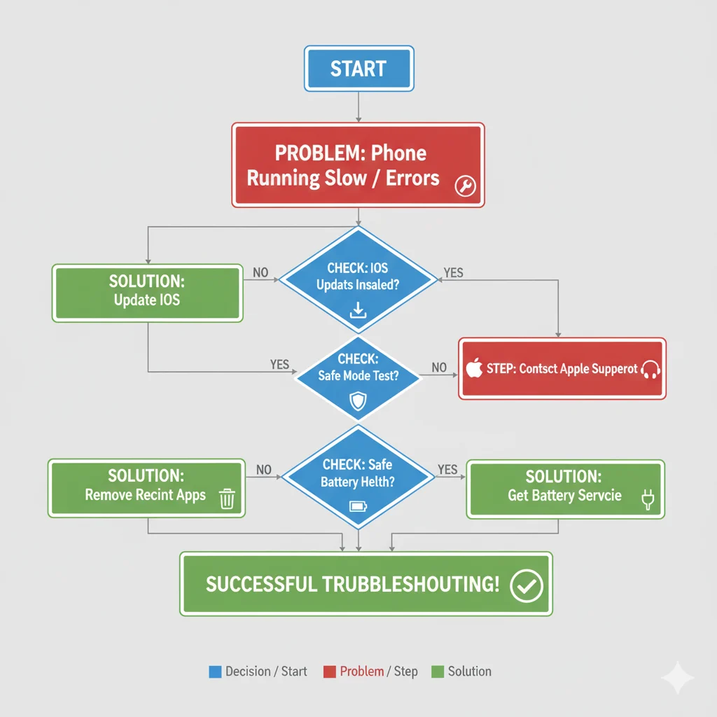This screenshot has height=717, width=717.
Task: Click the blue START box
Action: [x=358, y=69]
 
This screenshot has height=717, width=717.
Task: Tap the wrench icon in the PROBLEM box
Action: [x=465, y=185]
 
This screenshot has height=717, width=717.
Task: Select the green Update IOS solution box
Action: [x=147, y=293]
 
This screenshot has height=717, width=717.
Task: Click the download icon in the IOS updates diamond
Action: [x=358, y=309]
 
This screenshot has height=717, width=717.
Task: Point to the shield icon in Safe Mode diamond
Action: [x=358, y=401]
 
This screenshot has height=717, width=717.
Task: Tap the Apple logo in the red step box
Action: [x=475, y=368]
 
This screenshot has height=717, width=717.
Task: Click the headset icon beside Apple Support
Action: [x=650, y=369]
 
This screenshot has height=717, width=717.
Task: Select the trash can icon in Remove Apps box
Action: [x=227, y=499]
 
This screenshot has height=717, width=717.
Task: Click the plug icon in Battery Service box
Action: [x=646, y=499]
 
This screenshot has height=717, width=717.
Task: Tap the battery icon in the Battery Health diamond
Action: [x=358, y=506]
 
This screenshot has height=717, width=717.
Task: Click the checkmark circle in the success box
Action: [x=526, y=585]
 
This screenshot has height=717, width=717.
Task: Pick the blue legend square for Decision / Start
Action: [x=215, y=672]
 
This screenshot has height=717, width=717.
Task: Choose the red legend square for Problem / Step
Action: [x=329, y=672]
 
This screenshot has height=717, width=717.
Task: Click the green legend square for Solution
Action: [x=438, y=672]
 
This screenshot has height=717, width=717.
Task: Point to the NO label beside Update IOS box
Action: [x=260, y=272]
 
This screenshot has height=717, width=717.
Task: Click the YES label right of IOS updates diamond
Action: [x=453, y=272]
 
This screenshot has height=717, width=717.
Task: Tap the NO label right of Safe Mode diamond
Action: [x=439, y=367]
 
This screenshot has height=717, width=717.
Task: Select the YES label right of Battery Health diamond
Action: [x=447, y=470]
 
